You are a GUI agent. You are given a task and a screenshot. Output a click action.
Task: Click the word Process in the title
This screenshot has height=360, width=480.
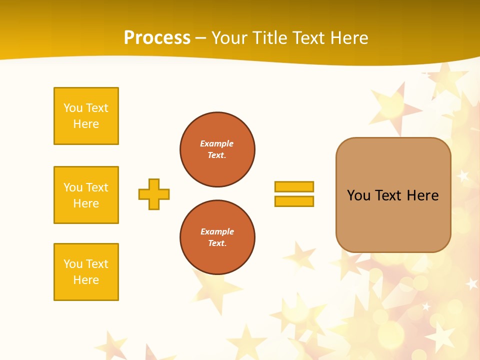pyautogui.click(x=157, y=38)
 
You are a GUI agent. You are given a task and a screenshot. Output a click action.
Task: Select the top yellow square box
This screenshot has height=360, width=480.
pyautogui.click(x=86, y=116)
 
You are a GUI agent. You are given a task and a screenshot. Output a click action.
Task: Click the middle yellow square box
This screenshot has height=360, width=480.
pyautogui.click(x=86, y=195)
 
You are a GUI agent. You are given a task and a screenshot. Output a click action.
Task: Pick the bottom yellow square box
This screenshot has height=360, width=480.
pyautogui.click(x=86, y=272)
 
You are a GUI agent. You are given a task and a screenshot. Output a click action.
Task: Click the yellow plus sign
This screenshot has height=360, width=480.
pyautogui.click(x=154, y=194)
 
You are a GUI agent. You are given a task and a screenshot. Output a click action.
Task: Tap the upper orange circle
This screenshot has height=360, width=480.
pyautogui.click(x=217, y=149)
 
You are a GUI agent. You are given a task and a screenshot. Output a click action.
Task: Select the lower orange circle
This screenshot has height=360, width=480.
pyautogui.click(x=217, y=237)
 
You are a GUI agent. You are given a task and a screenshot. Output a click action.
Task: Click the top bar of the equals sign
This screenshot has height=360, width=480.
pyautogui.click(x=294, y=186)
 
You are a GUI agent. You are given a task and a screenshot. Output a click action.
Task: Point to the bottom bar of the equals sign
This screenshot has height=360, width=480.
pyautogui.click(x=294, y=201)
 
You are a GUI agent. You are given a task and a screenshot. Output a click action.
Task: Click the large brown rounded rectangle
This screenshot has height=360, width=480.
pyautogui.click(x=393, y=220)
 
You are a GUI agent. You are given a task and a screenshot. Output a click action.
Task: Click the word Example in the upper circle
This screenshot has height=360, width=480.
pyautogui.click(x=216, y=143)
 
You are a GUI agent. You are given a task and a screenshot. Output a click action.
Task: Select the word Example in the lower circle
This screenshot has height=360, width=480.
pyautogui.click(x=217, y=231)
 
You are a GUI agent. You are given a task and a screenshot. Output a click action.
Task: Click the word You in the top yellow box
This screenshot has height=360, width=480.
pyautogui.click(x=73, y=108)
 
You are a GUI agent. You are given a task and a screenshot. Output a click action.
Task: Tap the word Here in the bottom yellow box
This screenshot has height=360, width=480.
pyautogui.click(x=86, y=280)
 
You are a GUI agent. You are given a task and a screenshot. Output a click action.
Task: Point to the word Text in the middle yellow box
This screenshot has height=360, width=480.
pyautogui.click(x=97, y=187)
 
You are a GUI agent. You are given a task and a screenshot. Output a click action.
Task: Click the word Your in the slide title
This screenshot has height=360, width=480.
pyautogui.click(x=227, y=38)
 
